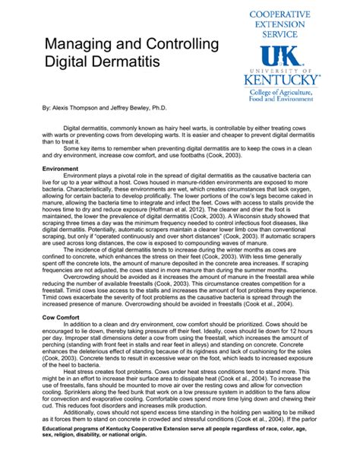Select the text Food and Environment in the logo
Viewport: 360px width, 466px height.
(283, 101)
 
